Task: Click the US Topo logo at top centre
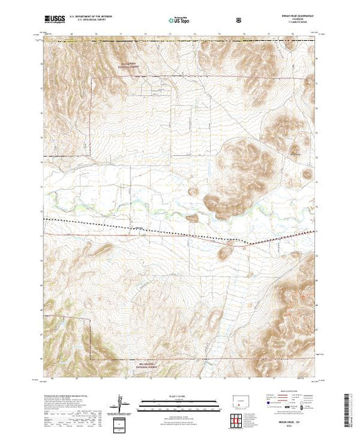tap(180, 21)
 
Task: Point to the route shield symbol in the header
tap(239, 21)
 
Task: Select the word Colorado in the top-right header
tap(299, 21)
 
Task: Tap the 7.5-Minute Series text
tap(299, 25)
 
